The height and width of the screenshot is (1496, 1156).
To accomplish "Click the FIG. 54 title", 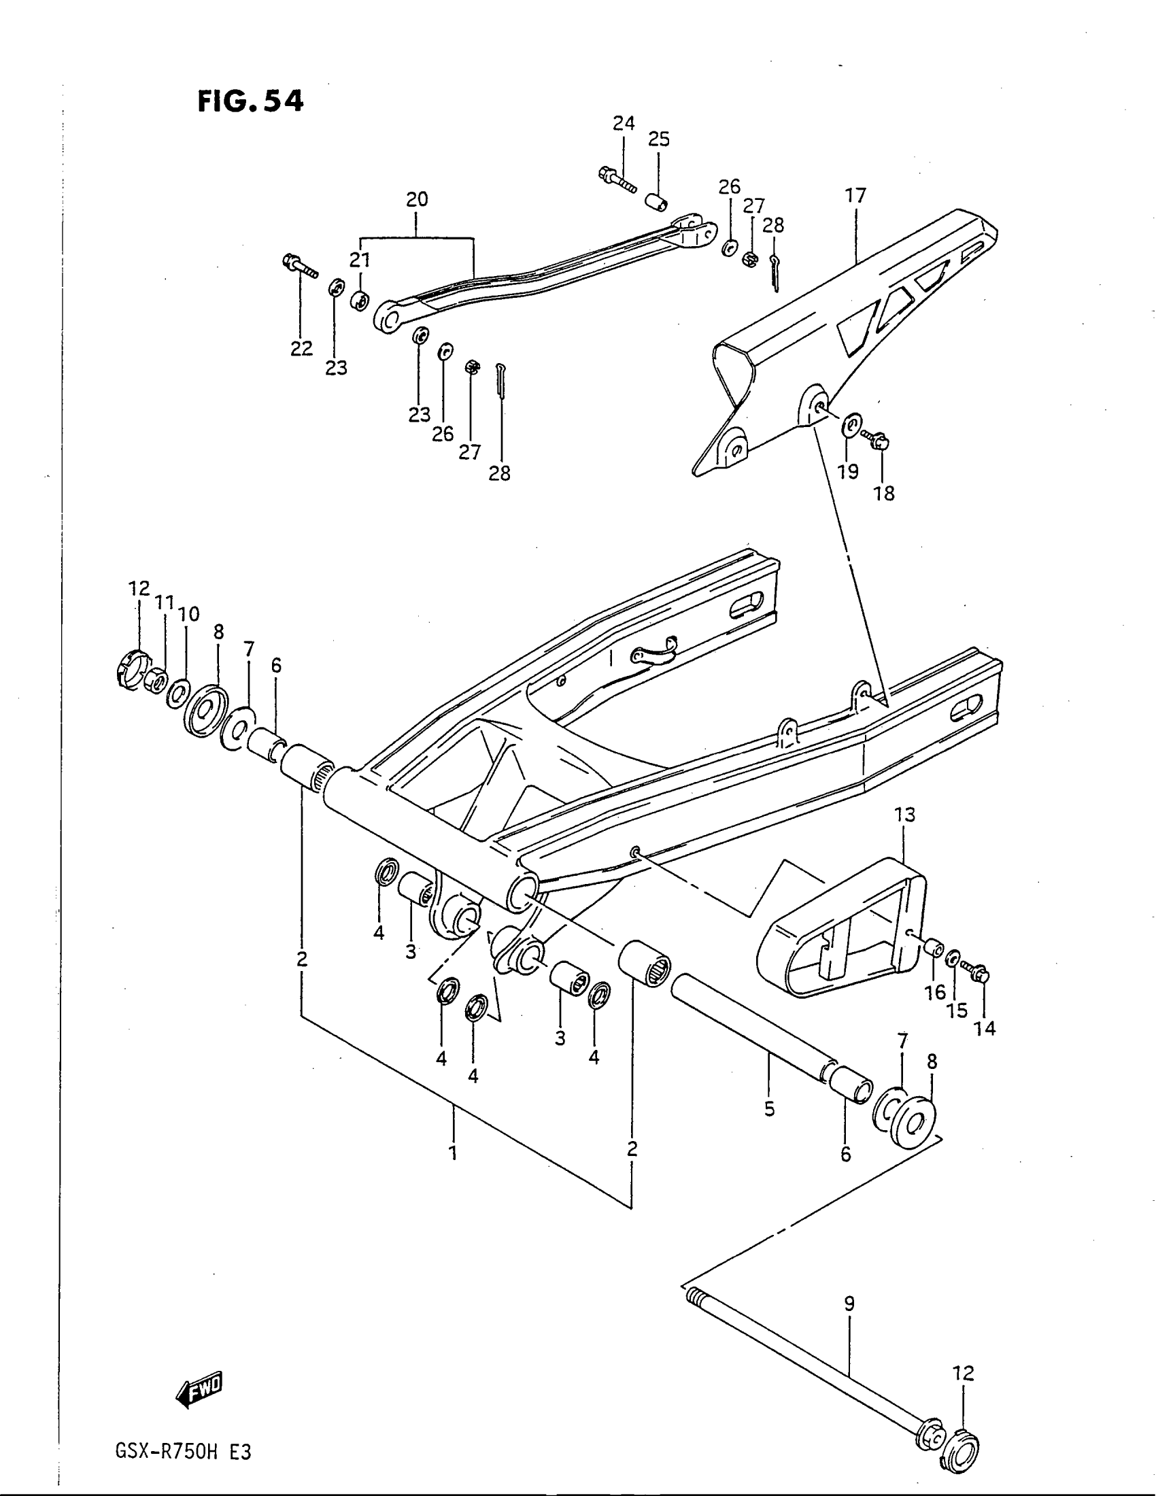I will tap(250, 101).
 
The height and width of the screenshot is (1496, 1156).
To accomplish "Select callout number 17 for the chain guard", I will tap(855, 195).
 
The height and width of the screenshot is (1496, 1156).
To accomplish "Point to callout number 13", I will tap(904, 815).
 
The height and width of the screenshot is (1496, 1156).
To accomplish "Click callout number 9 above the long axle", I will tap(849, 1304).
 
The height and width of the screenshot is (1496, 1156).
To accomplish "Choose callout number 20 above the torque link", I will tap(417, 199).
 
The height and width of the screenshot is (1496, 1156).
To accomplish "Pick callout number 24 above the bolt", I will tap(623, 123).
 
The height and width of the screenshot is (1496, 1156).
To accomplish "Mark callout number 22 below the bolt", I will tap(301, 349).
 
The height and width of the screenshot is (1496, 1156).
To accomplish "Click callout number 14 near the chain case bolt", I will tap(985, 1047).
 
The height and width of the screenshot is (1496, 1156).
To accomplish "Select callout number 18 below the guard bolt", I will tap(884, 493).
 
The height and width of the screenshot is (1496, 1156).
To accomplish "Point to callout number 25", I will tap(659, 139).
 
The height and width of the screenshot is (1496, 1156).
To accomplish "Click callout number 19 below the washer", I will tap(848, 471).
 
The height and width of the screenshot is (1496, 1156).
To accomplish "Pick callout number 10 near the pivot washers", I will tap(189, 614).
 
